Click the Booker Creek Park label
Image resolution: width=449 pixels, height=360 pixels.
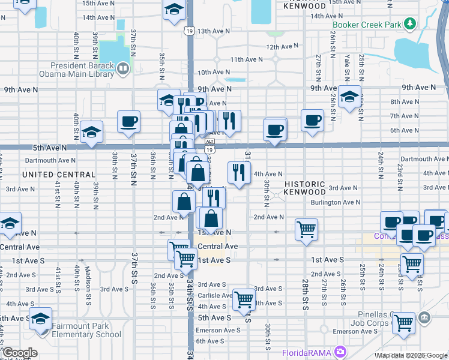[367, 26]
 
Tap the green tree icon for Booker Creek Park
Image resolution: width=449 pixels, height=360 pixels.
[410, 23]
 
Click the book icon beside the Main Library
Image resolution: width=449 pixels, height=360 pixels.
[122, 69]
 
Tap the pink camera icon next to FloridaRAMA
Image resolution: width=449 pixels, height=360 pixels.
[341, 352]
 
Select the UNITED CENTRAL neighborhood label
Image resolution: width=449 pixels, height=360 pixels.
[59, 175]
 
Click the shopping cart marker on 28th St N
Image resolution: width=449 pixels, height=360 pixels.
[306, 229]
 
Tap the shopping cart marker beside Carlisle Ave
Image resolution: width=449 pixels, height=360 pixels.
[244, 298]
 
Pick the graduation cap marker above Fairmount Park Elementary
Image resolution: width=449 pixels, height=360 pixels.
[40, 317]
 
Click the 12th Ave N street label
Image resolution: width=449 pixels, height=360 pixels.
[282, 46]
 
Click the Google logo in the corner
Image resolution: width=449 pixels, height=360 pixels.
[19, 353]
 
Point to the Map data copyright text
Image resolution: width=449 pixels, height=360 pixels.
[412, 355]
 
